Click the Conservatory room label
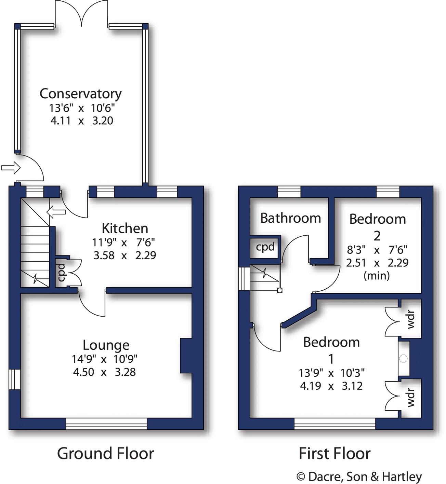tap(80, 94)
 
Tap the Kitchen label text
tap(125, 228)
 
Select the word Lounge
tap(106, 345)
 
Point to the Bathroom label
tap(290, 218)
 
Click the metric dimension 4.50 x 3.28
tap(104, 372)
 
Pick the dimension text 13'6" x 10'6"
tap(82, 108)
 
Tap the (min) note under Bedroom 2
tap(377, 275)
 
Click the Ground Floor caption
tap(105, 454)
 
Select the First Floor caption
tap(334, 454)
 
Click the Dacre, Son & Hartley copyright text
tap(359, 476)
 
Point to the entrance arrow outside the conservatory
tap(11, 168)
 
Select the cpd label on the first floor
tap(265, 247)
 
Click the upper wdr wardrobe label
tap(411, 319)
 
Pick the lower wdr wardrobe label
tap(411, 398)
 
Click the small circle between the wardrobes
tap(404, 359)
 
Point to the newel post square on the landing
tap(279, 291)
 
